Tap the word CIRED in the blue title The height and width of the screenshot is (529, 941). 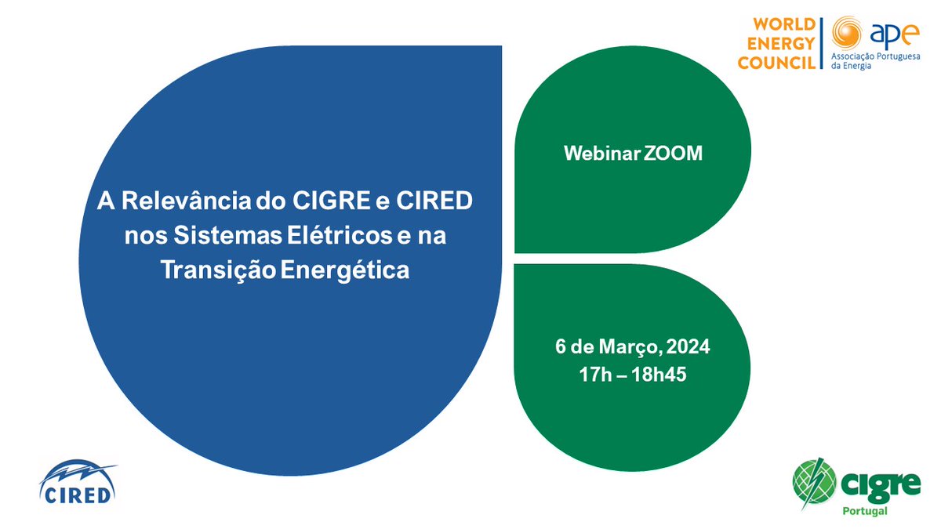pos(434,201)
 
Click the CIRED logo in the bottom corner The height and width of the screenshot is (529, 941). pos(78,481)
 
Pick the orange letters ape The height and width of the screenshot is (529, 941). pos(894,34)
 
